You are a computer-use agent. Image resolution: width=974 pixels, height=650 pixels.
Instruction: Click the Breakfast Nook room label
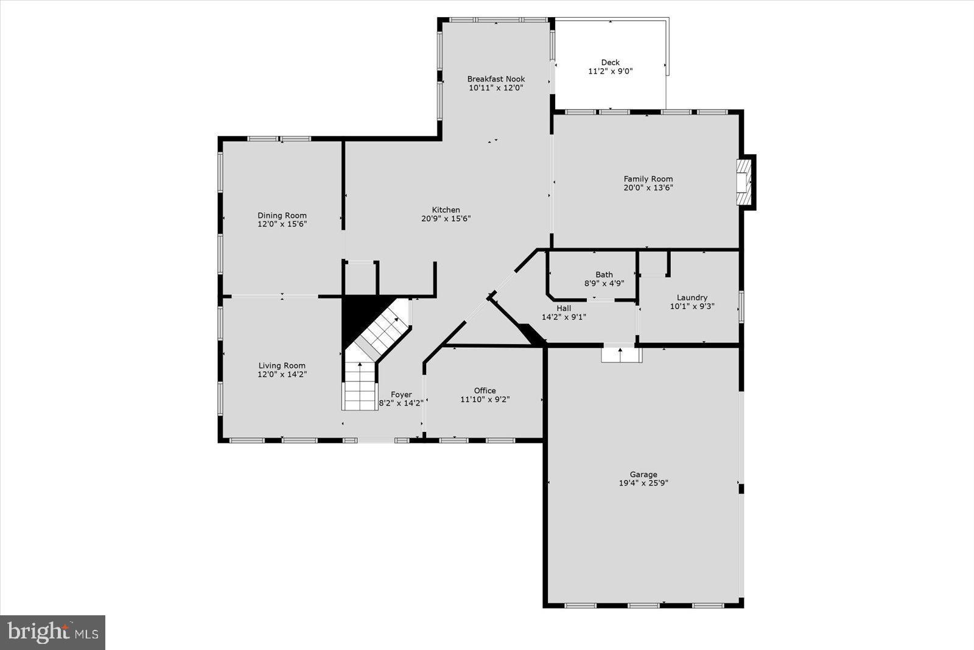[x=496, y=79]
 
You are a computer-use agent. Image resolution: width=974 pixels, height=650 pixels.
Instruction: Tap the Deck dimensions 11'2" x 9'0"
[x=610, y=71]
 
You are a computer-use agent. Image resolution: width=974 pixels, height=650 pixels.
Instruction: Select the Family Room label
[x=648, y=178]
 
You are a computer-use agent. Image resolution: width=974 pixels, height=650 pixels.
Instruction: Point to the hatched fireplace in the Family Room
[x=744, y=183]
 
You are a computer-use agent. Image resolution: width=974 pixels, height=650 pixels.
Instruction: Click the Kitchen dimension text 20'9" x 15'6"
[x=446, y=219]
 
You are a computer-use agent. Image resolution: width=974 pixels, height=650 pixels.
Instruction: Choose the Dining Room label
[x=282, y=215]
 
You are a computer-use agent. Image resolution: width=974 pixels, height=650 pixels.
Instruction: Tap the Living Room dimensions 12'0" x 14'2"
[x=282, y=375]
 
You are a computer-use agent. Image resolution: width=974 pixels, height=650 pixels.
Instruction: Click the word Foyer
[x=401, y=394]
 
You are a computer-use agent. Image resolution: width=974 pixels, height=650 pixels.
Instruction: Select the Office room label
[x=485, y=390]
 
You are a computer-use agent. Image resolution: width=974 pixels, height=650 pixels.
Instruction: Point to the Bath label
[x=604, y=274]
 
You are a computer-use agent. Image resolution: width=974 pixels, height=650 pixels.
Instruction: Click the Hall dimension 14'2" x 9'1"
[x=563, y=317]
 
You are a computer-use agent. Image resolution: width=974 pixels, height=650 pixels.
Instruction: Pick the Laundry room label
[x=692, y=297]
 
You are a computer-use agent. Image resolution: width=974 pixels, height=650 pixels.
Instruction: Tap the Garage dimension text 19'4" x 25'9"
[x=643, y=483]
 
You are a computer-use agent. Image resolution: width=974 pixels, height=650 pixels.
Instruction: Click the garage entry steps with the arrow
[x=621, y=354]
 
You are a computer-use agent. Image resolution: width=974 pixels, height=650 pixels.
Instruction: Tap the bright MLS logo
[x=53, y=632]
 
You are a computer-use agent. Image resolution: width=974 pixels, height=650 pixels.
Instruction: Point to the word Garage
[x=643, y=475]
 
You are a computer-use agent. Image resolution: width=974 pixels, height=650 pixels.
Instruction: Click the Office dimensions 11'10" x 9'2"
[x=485, y=400]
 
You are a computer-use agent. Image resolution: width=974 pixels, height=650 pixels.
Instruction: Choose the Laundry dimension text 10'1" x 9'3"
[x=692, y=306]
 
